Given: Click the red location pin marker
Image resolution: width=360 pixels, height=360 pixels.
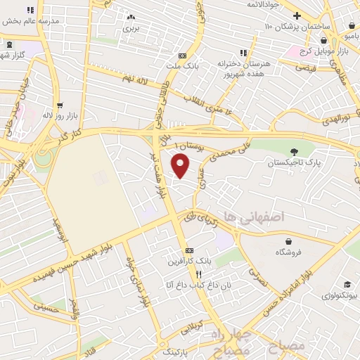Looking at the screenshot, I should [181, 167].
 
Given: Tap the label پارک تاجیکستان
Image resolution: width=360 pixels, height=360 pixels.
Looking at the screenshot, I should [293, 163].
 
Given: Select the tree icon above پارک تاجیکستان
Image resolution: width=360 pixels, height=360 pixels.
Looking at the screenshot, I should [294, 150].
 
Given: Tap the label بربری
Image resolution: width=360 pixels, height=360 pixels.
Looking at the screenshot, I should [131, 29].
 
